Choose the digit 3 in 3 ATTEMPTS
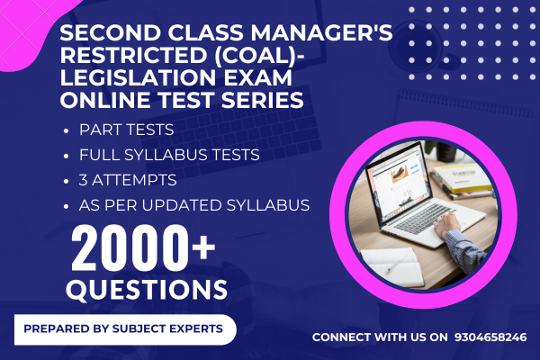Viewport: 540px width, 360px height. pyautogui.click(x=84, y=180)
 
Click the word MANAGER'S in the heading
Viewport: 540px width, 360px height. pyautogui.click(x=318, y=34)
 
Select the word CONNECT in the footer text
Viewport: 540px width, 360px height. pyautogui.click(x=346, y=337)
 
